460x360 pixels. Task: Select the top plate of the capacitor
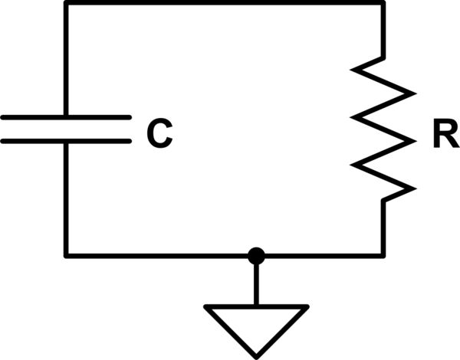(x=66, y=118)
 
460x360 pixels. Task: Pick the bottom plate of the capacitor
(x=66, y=141)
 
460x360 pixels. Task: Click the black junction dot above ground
(x=256, y=254)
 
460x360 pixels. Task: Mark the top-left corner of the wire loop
(x=67, y=3)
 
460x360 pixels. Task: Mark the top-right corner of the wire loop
(x=383, y=3)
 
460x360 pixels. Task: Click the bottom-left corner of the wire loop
(x=67, y=254)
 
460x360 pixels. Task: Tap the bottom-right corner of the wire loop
(x=383, y=254)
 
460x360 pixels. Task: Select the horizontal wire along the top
(x=222, y=3)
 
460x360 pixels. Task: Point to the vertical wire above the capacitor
(x=67, y=61)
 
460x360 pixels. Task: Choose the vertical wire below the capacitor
(x=67, y=199)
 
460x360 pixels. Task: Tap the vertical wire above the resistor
(x=383, y=31)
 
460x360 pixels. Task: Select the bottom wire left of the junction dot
(x=153, y=254)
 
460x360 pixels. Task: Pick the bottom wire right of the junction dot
(x=322, y=254)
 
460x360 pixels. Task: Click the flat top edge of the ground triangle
(x=256, y=308)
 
